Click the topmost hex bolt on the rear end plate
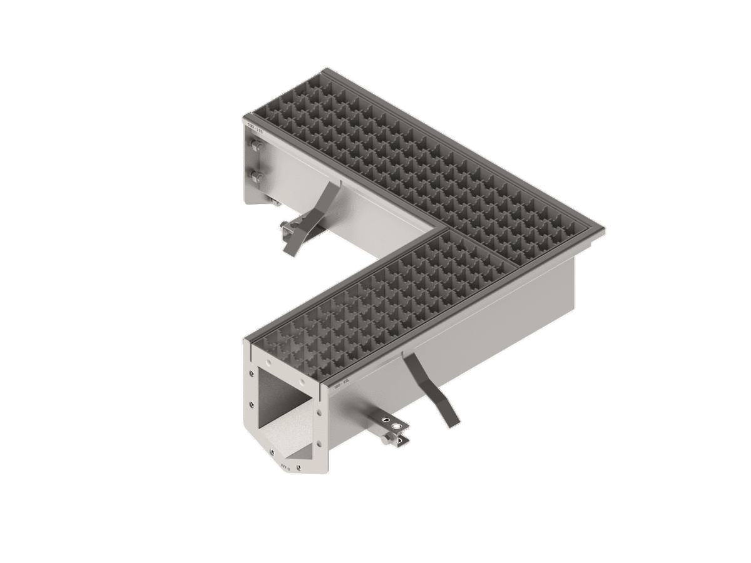[257, 147]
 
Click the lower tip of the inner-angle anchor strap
[289, 250]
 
